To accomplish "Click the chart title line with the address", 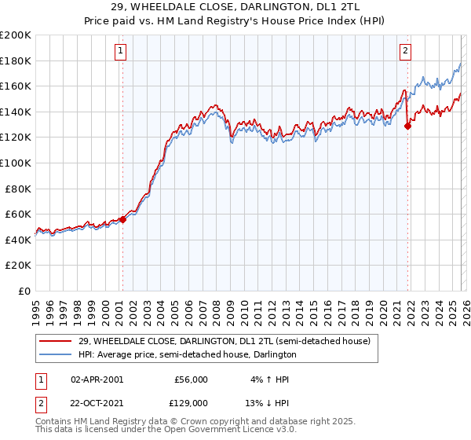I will click(x=235, y=6).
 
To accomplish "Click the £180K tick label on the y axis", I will click(x=16, y=60).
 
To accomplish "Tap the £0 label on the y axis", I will click(x=25, y=291).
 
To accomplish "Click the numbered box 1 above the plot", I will click(x=121, y=52).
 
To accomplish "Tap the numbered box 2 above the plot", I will click(x=405, y=52).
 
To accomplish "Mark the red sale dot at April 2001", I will click(x=122, y=219).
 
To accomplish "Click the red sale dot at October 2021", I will click(x=407, y=126).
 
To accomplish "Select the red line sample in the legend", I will click(x=56, y=341).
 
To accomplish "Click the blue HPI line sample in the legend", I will click(x=56, y=355).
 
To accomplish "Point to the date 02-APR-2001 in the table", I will click(x=97, y=379).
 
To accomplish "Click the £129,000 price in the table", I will click(x=191, y=402).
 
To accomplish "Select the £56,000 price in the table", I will click(x=191, y=379).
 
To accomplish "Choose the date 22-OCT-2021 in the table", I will click(x=97, y=402).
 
